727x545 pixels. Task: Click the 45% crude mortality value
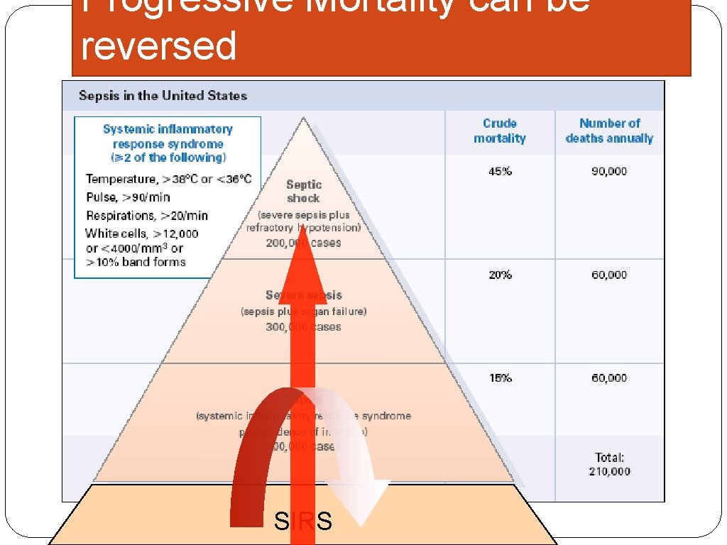500,171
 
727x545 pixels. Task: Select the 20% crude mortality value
500,275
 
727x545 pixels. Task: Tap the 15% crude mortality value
500,378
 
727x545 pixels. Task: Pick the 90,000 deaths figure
609,171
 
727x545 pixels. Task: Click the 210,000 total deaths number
609,471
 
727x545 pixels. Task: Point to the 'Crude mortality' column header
500,131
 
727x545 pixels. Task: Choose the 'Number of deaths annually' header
609,131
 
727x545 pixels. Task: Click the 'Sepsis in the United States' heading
163,95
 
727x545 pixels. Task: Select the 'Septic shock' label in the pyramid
304,191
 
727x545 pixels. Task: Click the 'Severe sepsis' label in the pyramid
304,294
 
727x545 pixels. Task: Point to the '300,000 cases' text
304,326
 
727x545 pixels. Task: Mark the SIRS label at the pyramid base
303,522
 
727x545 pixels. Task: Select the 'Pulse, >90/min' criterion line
128,197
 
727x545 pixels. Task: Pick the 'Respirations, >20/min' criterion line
147,215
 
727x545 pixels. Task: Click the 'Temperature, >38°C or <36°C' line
168,179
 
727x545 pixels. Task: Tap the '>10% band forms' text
136,262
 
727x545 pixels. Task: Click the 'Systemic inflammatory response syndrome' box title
168,143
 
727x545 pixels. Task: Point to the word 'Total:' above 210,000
609,458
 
